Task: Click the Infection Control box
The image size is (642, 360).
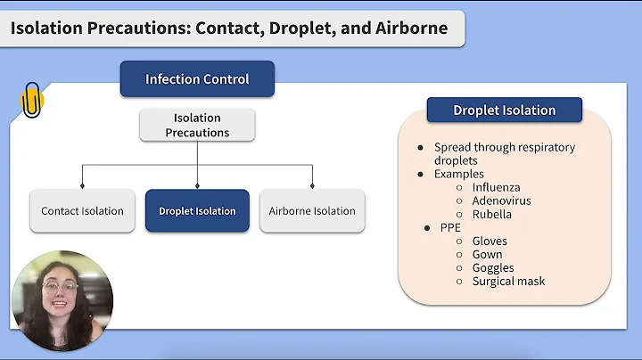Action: click(197, 79)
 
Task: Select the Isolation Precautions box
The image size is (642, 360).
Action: click(197, 126)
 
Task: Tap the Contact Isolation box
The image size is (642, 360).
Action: click(82, 211)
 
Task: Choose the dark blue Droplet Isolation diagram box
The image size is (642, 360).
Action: click(197, 211)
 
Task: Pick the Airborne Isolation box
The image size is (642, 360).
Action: click(312, 211)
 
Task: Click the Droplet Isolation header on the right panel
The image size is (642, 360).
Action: click(504, 110)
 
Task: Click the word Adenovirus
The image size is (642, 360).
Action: click(502, 201)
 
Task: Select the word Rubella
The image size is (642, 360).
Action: click(493, 215)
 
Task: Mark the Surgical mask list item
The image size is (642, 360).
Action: click(508, 282)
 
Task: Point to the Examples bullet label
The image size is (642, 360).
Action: click(458, 175)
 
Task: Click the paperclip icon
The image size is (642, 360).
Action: click(32, 99)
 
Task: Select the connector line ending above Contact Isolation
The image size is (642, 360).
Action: click(82, 176)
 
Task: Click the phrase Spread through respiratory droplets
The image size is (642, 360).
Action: click(504, 153)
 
